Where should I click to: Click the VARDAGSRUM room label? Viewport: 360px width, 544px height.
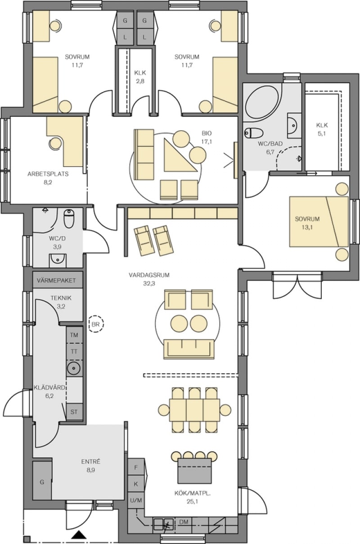[x=149, y=275]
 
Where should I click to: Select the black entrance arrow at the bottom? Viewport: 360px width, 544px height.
[x=80, y=534]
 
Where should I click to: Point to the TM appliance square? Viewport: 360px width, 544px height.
[x=74, y=335]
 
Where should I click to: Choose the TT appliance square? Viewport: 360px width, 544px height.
[x=74, y=352]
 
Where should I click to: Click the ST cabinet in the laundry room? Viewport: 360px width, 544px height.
[x=74, y=412]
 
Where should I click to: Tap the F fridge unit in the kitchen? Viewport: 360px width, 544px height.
[x=136, y=467]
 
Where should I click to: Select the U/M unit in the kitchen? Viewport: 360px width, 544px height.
[x=136, y=500]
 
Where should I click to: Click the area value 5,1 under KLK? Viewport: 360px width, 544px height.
[x=322, y=134]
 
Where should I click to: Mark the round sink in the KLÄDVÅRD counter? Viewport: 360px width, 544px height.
[x=74, y=368]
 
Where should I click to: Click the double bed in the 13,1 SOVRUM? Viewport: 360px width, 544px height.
[x=319, y=222]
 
